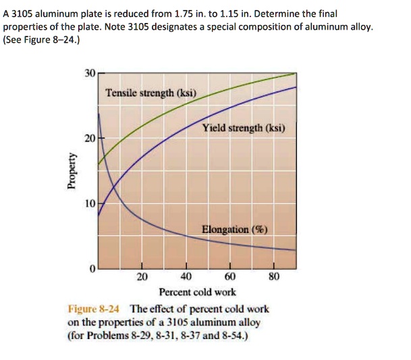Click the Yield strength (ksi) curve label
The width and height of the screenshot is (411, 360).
click(x=244, y=128)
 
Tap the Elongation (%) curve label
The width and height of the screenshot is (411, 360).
click(x=234, y=230)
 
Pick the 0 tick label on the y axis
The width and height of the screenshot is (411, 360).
click(x=91, y=268)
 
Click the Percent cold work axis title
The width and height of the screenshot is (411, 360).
click(x=197, y=292)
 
